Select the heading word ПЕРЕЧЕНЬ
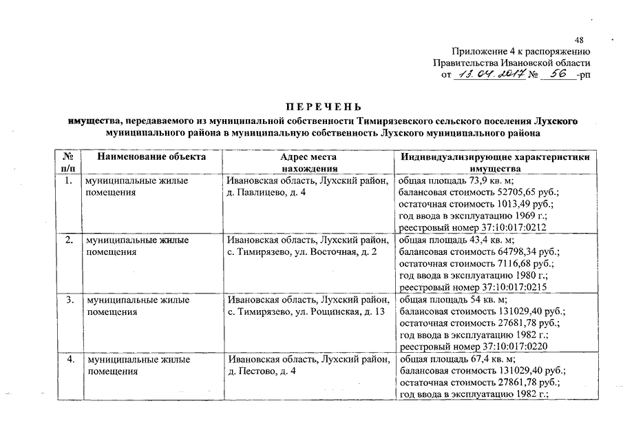point(323,107)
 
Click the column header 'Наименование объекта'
point(151,156)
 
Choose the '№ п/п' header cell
point(69,162)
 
